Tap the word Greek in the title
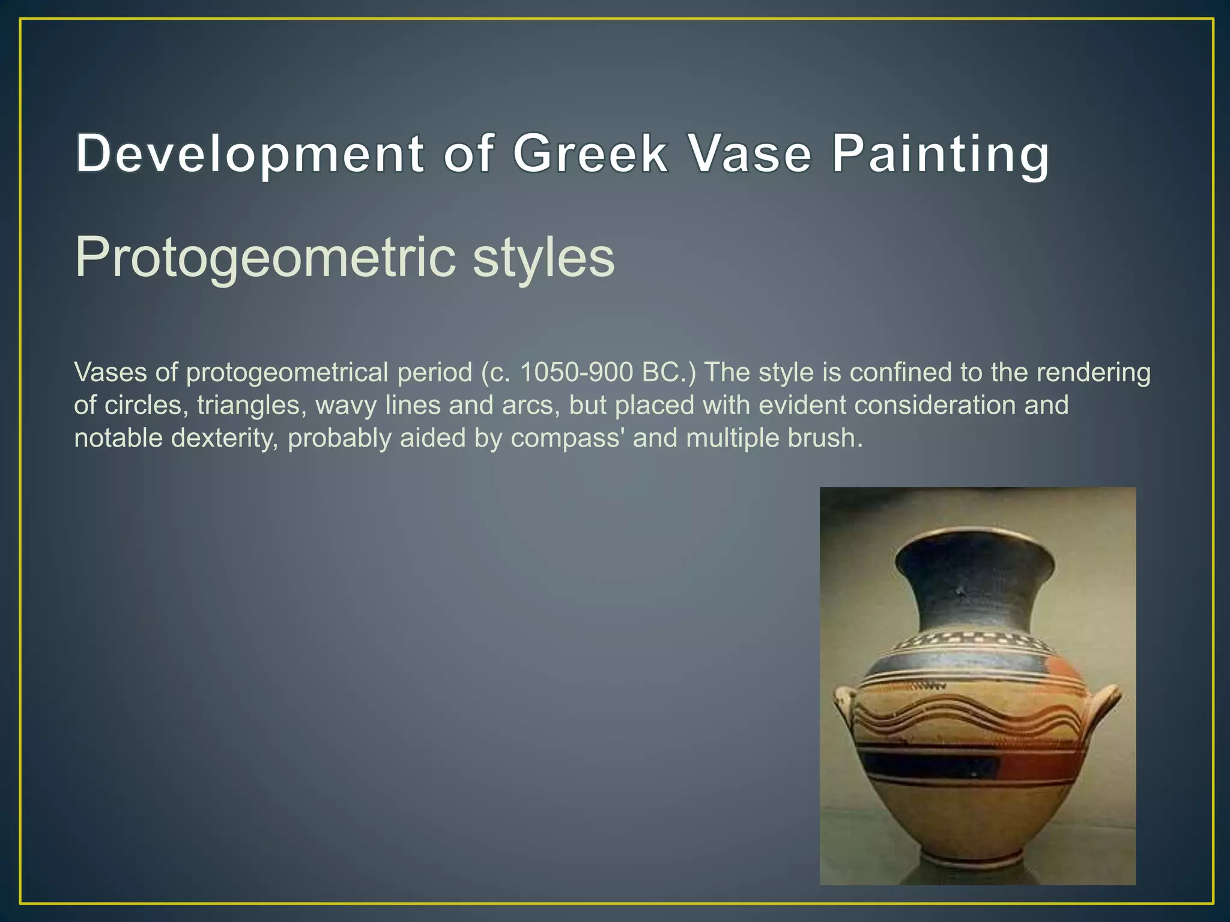click(x=590, y=154)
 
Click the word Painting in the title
click(x=941, y=155)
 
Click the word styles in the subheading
click(x=544, y=258)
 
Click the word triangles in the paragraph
click(x=248, y=406)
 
